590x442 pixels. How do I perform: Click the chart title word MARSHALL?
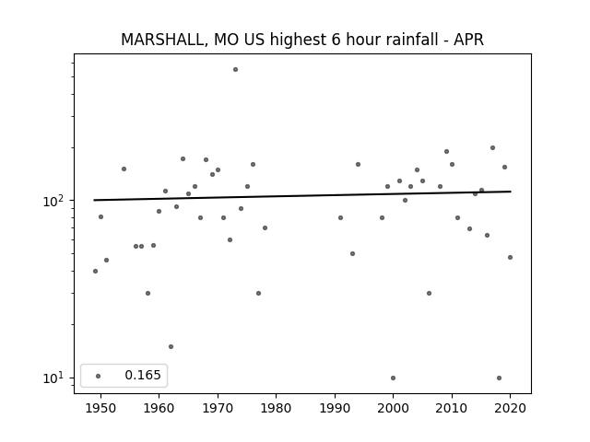163,40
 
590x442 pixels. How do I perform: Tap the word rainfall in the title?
415,40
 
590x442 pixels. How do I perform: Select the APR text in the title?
468,40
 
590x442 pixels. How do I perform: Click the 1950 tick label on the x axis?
100,408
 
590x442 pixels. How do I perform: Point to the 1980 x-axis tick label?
276,408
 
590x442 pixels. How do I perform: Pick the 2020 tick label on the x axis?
510,408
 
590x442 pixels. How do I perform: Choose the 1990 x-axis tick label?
335,408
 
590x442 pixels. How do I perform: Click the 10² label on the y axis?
53,201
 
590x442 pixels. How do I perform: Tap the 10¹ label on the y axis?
53,378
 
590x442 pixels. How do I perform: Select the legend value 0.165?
143,375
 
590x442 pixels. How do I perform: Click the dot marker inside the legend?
99,376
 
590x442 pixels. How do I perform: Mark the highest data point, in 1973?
236,70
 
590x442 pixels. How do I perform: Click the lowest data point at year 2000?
394,378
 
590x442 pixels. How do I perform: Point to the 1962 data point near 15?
171,346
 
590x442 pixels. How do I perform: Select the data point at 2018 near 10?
499,378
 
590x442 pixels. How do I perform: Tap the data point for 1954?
124,169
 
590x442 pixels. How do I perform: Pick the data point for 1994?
359,164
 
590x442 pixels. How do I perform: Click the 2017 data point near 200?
492,148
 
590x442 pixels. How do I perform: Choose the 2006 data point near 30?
429,293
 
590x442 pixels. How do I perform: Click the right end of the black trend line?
511,192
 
